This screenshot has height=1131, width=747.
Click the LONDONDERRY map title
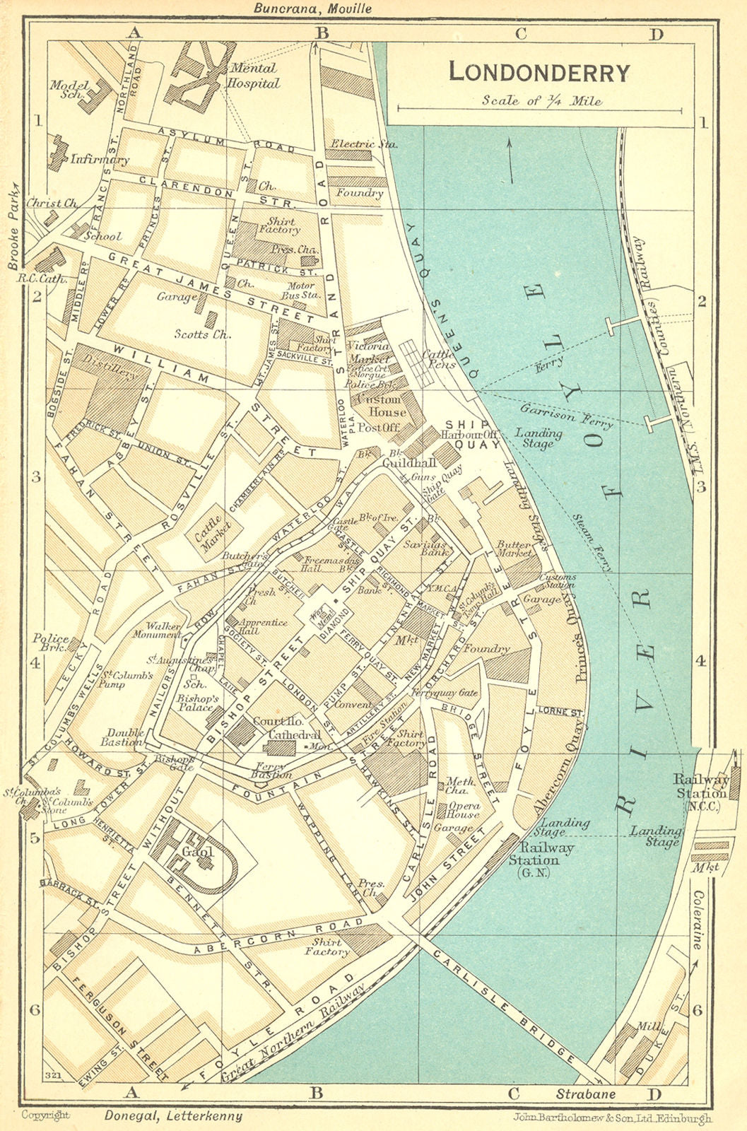pyautogui.click(x=539, y=72)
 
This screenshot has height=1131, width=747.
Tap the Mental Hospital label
pyautogui.click(x=252, y=76)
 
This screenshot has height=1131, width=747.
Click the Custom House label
pyautogui.click(x=382, y=406)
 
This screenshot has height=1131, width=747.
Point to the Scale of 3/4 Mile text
pyautogui.click(x=541, y=100)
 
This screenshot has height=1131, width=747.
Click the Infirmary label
pyautogui.click(x=99, y=160)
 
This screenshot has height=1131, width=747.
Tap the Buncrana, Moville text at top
pyautogui.click(x=312, y=8)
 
